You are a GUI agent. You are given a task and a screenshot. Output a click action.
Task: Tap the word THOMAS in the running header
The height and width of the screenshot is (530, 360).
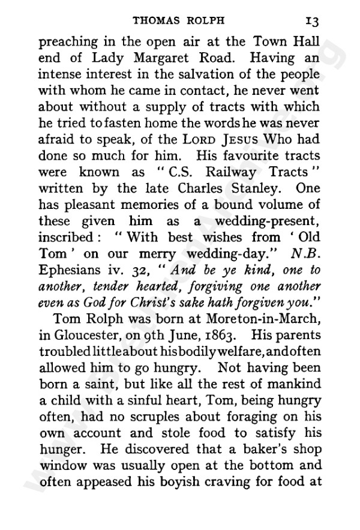point(158,19)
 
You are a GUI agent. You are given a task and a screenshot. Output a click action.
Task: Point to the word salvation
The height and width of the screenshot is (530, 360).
point(199,76)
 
